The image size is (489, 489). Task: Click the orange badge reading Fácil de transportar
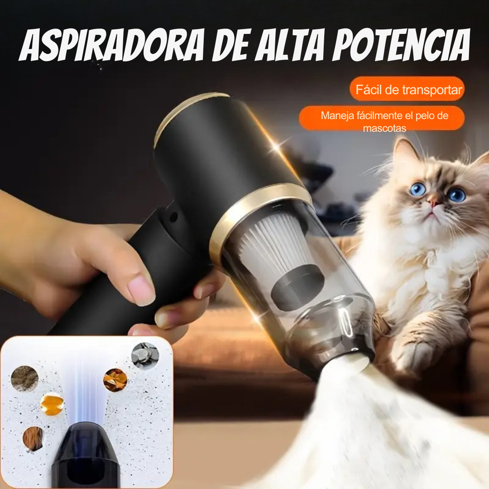click(x=407, y=89)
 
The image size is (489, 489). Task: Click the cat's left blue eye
click(x=417, y=189)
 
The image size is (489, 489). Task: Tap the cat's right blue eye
click(x=456, y=195)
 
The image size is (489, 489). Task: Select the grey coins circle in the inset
click(x=145, y=355)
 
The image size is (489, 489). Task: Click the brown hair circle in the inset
click(x=33, y=438)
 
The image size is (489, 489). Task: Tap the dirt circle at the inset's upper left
click(x=24, y=378)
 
